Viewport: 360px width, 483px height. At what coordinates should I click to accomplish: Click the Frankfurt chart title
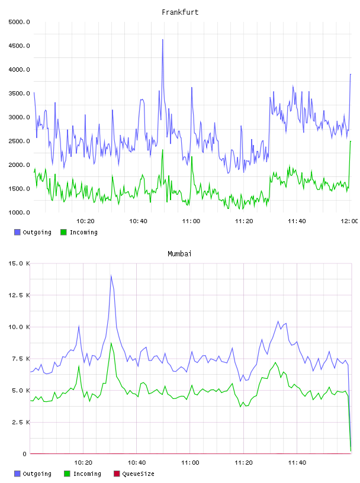pos(180,12)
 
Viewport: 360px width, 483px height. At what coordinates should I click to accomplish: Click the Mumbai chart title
pos(179,254)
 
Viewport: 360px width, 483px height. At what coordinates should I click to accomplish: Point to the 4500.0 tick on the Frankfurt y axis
pos(19,46)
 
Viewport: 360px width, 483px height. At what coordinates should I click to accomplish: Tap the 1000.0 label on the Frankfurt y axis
pos(19,212)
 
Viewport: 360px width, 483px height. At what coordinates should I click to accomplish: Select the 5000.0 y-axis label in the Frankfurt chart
pos(19,22)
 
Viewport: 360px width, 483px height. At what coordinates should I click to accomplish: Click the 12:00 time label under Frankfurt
pos(349,221)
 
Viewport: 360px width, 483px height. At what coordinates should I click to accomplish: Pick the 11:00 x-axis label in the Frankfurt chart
pos(191,221)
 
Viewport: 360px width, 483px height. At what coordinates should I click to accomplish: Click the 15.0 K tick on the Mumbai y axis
pos(19,263)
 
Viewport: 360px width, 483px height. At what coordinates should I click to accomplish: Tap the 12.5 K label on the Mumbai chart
pos(19,295)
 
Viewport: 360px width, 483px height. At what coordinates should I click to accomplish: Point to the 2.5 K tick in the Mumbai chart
pos(21,422)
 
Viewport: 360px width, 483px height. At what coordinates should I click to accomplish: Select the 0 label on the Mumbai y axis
pos(24,454)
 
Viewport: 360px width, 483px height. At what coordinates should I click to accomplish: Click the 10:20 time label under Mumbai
pos(83,463)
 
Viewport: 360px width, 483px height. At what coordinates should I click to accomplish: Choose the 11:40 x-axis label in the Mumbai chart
pos(297,463)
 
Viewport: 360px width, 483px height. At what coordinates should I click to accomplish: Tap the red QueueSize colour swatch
pos(117,474)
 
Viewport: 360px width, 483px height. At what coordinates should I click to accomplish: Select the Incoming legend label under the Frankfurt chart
pos(83,232)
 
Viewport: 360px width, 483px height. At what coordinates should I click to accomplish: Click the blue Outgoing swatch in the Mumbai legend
pos(17,474)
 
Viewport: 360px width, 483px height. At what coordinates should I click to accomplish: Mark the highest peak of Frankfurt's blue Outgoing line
pos(163,40)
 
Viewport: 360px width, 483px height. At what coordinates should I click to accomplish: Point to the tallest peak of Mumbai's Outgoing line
pos(111,275)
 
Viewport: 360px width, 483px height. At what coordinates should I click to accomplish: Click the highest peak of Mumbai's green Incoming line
pos(111,343)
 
